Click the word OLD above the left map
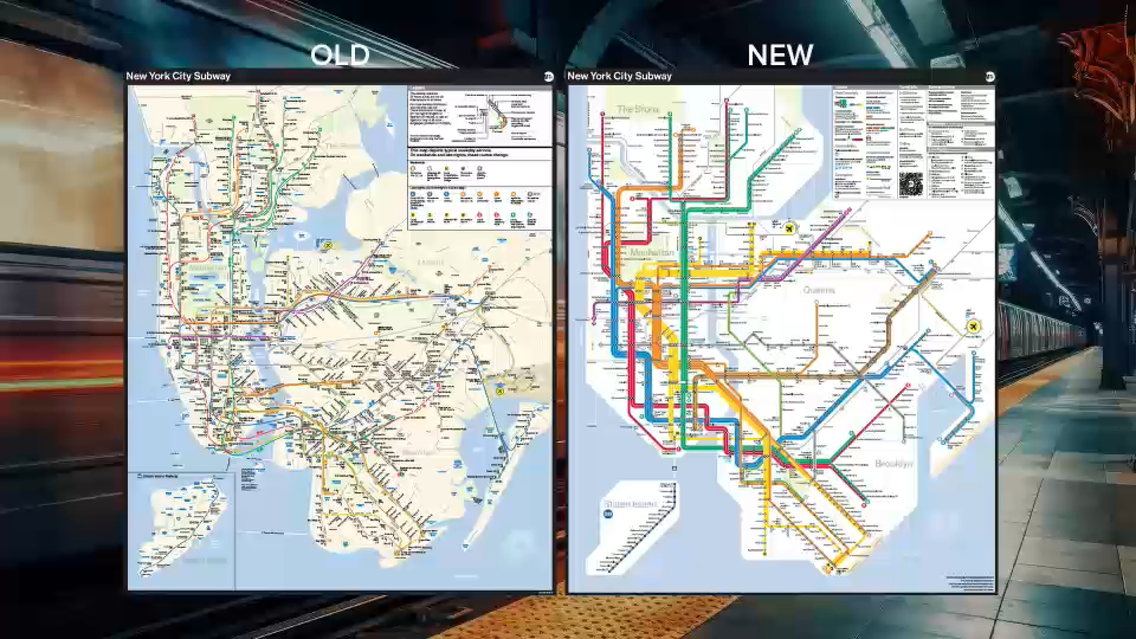[340, 56]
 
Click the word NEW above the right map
[780, 56]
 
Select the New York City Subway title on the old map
[178, 76]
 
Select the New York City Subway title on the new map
[619, 76]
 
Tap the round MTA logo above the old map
[548, 76]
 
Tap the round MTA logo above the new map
[990, 77]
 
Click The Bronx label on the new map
[637, 109]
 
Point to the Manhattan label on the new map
[651, 253]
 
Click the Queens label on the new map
[819, 290]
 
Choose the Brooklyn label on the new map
[893, 463]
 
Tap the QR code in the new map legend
[911, 185]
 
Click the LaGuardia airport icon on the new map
[789, 228]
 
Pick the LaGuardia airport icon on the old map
[327, 244]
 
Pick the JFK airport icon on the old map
[500, 391]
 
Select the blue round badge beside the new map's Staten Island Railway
[608, 514]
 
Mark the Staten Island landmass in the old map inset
[177, 521]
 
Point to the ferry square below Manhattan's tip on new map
[674, 469]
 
